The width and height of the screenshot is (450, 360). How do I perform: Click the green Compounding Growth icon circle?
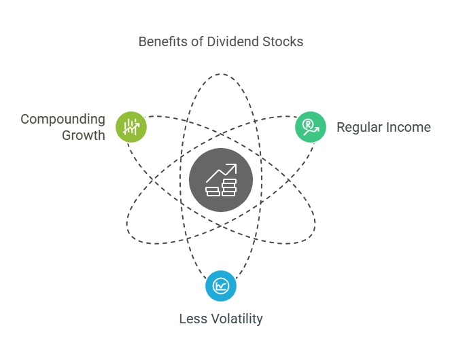click(131, 127)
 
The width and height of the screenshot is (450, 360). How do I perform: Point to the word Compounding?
click(63, 120)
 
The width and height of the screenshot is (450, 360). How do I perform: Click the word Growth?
click(84, 135)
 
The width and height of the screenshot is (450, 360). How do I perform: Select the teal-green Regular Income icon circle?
click(311, 127)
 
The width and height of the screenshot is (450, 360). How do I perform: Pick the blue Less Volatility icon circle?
click(221, 286)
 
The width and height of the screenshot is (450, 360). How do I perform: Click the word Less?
click(192, 319)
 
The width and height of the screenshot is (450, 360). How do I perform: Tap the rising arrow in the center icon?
click(221, 172)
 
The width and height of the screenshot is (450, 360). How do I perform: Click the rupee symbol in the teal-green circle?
click(309, 124)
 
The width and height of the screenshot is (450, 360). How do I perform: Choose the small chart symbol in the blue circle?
click(221, 286)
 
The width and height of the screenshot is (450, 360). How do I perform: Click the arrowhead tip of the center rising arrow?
click(235, 165)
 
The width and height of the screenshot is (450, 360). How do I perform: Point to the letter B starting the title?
click(142, 42)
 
